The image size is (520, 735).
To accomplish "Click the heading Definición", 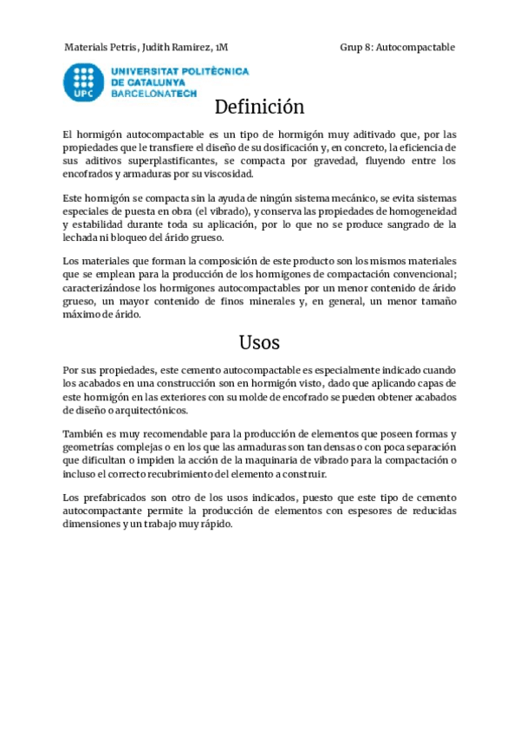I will coord(259,107).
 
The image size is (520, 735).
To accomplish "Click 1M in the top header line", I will coord(222,47).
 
